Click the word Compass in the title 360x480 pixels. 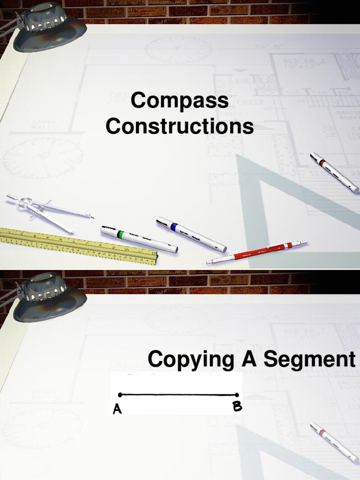[x=180, y=101]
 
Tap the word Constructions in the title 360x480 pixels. [x=180, y=127]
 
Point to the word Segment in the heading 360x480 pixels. [x=309, y=360]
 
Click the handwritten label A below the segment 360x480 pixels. [x=117, y=409]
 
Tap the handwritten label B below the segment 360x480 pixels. [x=238, y=406]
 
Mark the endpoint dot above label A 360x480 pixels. [x=120, y=395]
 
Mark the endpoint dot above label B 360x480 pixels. [x=237, y=395]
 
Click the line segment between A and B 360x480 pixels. [x=179, y=395]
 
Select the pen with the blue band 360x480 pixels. [x=191, y=234]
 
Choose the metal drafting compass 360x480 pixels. [x=47, y=211]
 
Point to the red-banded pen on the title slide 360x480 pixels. [x=334, y=172]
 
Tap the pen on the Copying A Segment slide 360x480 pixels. [x=334, y=442]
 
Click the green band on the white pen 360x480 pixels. [x=120, y=233]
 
